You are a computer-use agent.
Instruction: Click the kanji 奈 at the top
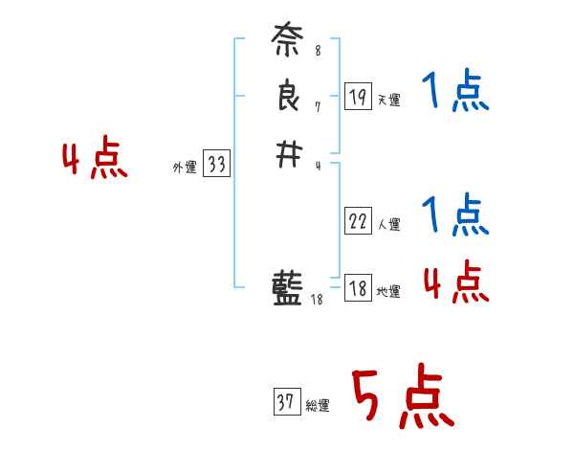click(x=288, y=43)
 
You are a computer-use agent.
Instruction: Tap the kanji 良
click(x=288, y=100)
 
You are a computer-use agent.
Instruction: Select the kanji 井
click(x=288, y=155)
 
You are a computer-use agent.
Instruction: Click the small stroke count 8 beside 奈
click(x=317, y=51)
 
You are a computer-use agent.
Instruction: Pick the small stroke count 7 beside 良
click(x=317, y=106)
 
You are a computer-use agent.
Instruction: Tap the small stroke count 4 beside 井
click(x=317, y=165)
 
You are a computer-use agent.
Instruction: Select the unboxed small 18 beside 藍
click(x=318, y=299)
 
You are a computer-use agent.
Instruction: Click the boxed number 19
click(x=358, y=96)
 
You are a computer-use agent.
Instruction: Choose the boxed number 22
click(x=358, y=221)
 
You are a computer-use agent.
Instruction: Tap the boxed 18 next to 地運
click(x=358, y=288)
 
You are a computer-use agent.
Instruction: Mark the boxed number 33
click(x=216, y=165)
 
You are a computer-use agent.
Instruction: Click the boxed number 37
click(x=286, y=402)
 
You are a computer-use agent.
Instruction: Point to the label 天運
click(x=388, y=101)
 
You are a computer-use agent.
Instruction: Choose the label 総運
click(x=318, y=406)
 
